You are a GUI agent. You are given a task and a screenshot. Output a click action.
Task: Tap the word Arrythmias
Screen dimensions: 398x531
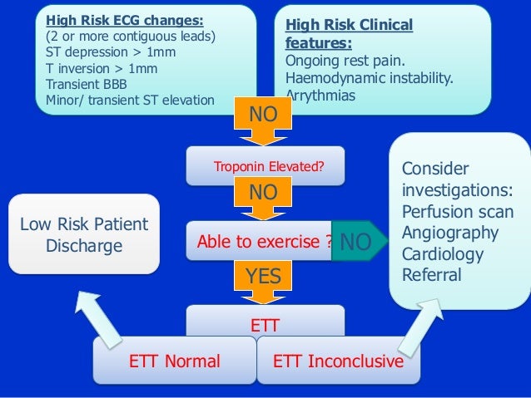click(x=320, y=96)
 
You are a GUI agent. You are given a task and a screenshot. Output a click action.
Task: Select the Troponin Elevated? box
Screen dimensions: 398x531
click(x=267, y=166)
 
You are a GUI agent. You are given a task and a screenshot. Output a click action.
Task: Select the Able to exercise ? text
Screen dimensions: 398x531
click(x=264, y=242)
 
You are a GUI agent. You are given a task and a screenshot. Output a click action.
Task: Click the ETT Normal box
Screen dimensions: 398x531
click(x=175, y=361)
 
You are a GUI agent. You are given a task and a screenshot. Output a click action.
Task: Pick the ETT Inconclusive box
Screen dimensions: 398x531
click(x=338, y=361)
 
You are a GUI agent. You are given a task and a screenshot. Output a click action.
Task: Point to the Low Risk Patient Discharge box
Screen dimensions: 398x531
click(x=83, y=234)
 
